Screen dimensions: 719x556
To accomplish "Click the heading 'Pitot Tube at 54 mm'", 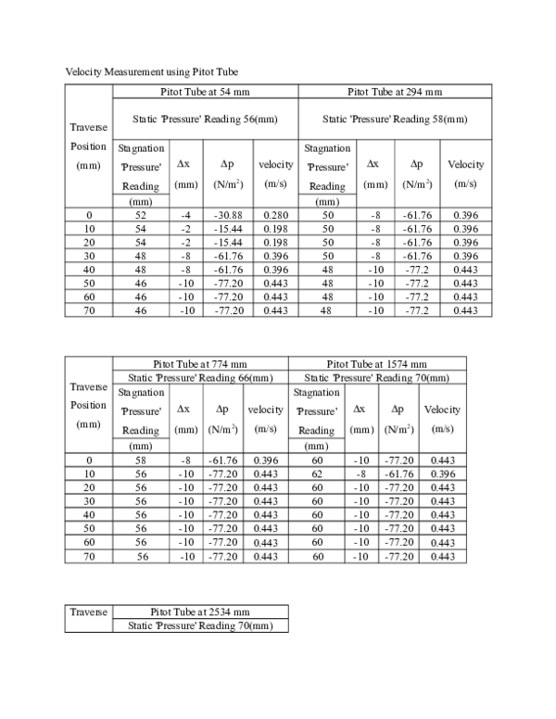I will pyautogui.click(x=206, y=92).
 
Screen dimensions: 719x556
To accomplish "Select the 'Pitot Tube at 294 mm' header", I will pyautogui.click(x=395, y=92).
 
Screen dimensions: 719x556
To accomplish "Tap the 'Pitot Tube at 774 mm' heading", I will pyautogui.click(x=200, y=364).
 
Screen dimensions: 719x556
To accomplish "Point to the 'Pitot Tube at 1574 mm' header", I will pyautogui.click(x=377, y=364).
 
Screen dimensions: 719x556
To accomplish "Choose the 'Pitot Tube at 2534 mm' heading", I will pyautogui.click(x=200, y=612).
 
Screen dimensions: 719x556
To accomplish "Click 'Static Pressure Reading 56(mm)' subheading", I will pyautogui.click(x=206, y=119).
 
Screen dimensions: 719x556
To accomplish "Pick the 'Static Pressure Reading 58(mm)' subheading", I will pyautogui.click(x=395, y=119).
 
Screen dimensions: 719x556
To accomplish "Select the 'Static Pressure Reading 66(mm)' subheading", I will pyautogui.click(x=200, y=377).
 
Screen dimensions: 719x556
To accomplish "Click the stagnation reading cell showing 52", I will pyautogui.click(x=141, y=215).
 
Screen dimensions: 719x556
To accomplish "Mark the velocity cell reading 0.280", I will pyautogui.click(x=274, y=215).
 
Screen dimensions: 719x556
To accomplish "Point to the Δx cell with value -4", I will pyautogui.click(x=185, y=215).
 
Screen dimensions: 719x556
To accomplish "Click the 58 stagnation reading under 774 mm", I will pyautogui.click(x=141, y=460).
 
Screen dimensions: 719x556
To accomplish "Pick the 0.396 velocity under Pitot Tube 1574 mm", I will pyautogui.click(x=442, y=473).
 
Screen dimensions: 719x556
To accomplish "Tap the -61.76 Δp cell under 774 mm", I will pyautogui.click(x=219, y=460).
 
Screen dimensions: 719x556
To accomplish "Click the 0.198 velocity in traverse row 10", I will pyautogui.click(x=274, y=229).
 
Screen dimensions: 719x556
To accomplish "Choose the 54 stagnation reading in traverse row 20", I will pyautogui.click(x=141, y=243).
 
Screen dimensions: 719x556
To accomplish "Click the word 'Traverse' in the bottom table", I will pyautogui.click(x=89, y=612).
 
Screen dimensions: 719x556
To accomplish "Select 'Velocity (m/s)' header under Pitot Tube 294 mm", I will pyautogui.click(x=466, y=172).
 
